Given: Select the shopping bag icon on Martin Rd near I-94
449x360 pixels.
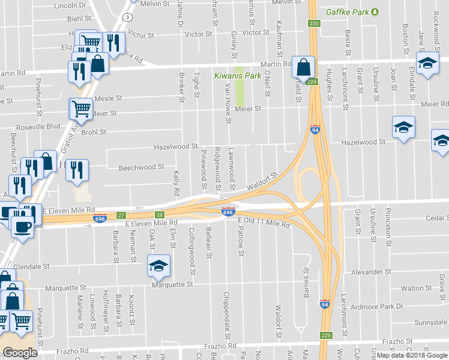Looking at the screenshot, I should pyautogui.click(x=304, y=67).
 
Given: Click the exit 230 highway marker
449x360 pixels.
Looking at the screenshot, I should pyautogui.click(x=313, y=23).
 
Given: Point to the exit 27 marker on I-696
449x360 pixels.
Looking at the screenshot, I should pyautogui.click(x=121, y=215).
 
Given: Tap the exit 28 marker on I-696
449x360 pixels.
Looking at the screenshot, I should pyautogui.click(x=159, y=214).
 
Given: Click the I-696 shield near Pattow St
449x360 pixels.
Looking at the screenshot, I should pyautogui.click(x=228, y=212).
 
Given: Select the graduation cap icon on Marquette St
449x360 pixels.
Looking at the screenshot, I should pyautogui.click(x=158, y=266).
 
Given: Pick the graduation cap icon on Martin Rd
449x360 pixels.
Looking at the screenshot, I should pyautogui.click(x=427, y=64).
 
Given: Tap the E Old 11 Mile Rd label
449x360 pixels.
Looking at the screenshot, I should pyautogui.click(x=264, y=222).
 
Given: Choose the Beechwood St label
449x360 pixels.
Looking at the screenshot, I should pyautogui.click(x=141, y=167).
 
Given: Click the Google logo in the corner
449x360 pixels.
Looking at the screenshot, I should pyautogui.click(x=19, y=353).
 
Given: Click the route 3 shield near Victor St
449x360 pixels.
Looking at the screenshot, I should pyautogui.click(x=128, y=17).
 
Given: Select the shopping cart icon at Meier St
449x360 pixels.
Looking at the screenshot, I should pyautogui.click(x=81, y=109).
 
